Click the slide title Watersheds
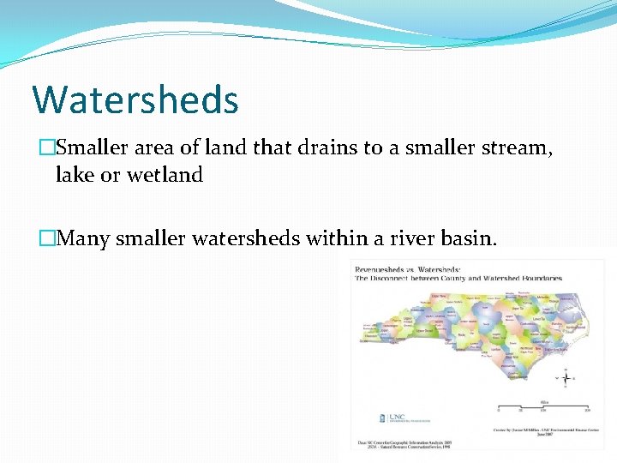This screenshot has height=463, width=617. (x=135, y=99)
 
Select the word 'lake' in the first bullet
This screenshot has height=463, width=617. (x=75, y=175)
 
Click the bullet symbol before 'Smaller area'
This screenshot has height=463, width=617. (x=46, y=147)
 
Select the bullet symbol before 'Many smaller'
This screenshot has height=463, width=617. (x=46, y=238)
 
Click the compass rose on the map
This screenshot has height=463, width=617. (x=566, y=376)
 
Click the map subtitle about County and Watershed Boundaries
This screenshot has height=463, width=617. (x=458, y=278)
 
